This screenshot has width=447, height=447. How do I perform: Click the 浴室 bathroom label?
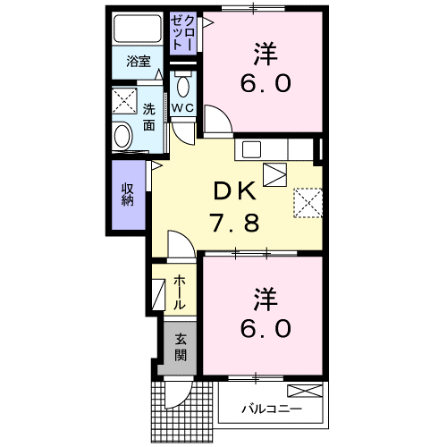(139, 62)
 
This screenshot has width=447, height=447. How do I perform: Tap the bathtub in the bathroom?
(138, 29)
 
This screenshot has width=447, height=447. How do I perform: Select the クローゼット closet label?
(182, 33)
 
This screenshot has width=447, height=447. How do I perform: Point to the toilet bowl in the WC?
(182, 86)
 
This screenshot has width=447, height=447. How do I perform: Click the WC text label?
(182, 108)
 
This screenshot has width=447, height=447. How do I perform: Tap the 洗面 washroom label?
(148, 117)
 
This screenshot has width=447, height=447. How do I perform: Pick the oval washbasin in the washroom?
(122, 137)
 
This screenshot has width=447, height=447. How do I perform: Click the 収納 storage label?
(128, 194)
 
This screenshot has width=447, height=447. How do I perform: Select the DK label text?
(234, 191)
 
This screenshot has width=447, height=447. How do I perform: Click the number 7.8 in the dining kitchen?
(234, 223)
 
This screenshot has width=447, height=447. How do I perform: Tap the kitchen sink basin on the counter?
(251, 149)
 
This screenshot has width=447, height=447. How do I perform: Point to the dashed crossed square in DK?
(308, 203)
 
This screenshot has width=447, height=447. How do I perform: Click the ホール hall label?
(180, 292)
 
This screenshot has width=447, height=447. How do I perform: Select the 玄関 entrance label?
(181, 348)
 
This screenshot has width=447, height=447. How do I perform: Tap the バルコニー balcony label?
(272, 409)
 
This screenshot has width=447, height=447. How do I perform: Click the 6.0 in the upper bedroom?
(266, 84)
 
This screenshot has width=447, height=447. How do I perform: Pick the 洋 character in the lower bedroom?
(266, 299)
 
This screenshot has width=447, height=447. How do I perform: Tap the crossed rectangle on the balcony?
(305, 391)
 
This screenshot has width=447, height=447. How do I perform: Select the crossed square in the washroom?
(124, 101)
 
